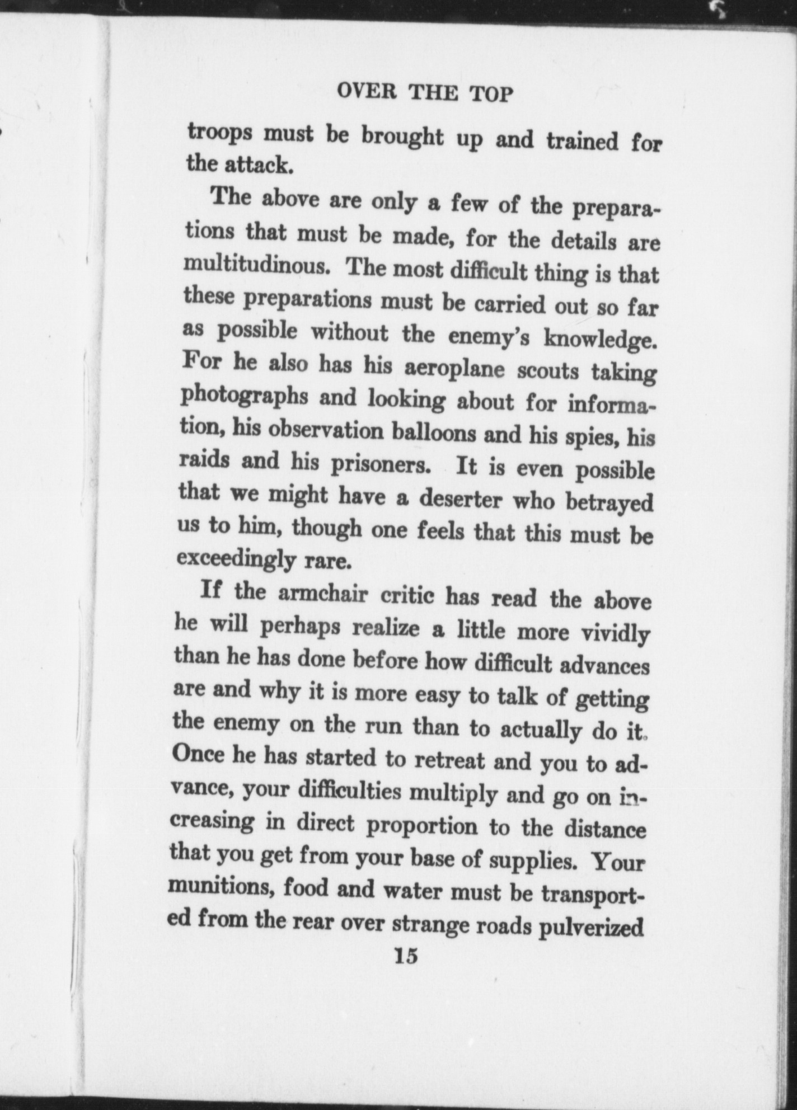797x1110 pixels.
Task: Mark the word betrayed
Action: click(610, 502)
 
